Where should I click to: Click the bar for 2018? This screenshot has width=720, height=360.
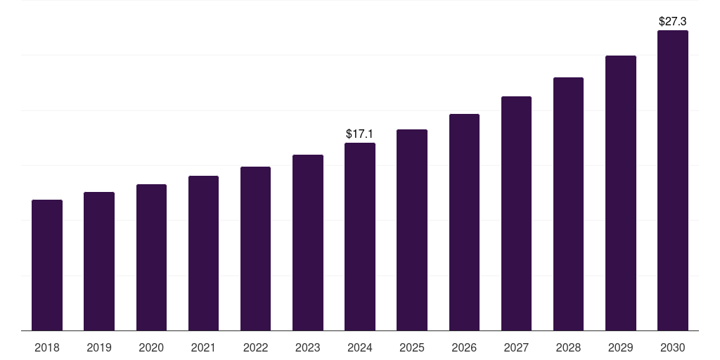tap(47, 265)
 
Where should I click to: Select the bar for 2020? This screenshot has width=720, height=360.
tap(151, 257)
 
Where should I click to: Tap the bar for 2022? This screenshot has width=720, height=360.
tap(255, 248)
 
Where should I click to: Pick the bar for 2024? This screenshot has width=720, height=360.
tap(360, 236)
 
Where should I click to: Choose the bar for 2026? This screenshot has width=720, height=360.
tap(464, 222)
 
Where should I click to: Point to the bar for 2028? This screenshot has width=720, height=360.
tap(568, 204)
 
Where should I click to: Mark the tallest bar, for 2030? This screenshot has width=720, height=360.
tap(672, 180)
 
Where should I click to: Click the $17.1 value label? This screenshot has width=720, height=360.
tap(360, 134)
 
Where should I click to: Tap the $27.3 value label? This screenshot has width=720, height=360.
tap(672, 21)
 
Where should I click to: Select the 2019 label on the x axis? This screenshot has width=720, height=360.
tap(99, 347)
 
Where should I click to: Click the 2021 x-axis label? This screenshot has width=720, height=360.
tap(203, 347)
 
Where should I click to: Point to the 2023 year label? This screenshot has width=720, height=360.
tap(308, 347)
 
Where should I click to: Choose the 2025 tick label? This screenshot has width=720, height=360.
tap(412, 347)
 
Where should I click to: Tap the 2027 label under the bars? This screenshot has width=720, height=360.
tap(516, 347)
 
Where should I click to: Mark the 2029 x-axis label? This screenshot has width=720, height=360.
tap(620, 347)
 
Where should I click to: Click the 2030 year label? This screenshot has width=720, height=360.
tap(672, 347)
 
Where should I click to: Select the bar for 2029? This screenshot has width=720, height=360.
tap(620, 193)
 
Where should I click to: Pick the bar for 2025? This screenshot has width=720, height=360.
tap(412, 230)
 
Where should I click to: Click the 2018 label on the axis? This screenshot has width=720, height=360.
tap(47, 347)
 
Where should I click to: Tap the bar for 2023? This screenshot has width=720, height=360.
tap(308, 243)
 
